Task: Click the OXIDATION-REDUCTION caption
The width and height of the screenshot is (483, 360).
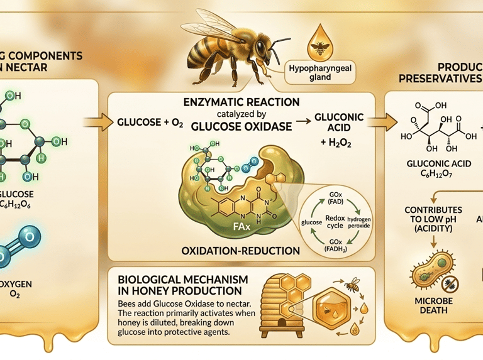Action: point(240,251)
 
